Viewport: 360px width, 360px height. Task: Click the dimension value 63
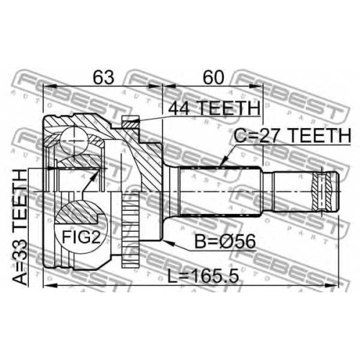104,77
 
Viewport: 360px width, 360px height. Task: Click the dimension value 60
213,77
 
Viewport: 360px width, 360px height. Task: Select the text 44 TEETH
214,108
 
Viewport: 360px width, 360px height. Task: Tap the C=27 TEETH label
292,135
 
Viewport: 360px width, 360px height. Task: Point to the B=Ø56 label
225,242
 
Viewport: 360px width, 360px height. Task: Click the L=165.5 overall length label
203,276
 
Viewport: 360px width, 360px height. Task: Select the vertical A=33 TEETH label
19,227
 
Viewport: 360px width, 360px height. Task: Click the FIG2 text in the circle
81,237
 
